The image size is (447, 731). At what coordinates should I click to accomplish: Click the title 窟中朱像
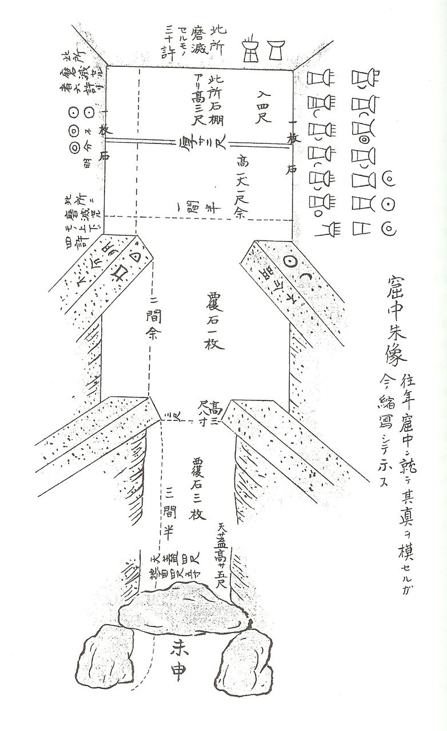tap(394, 323)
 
